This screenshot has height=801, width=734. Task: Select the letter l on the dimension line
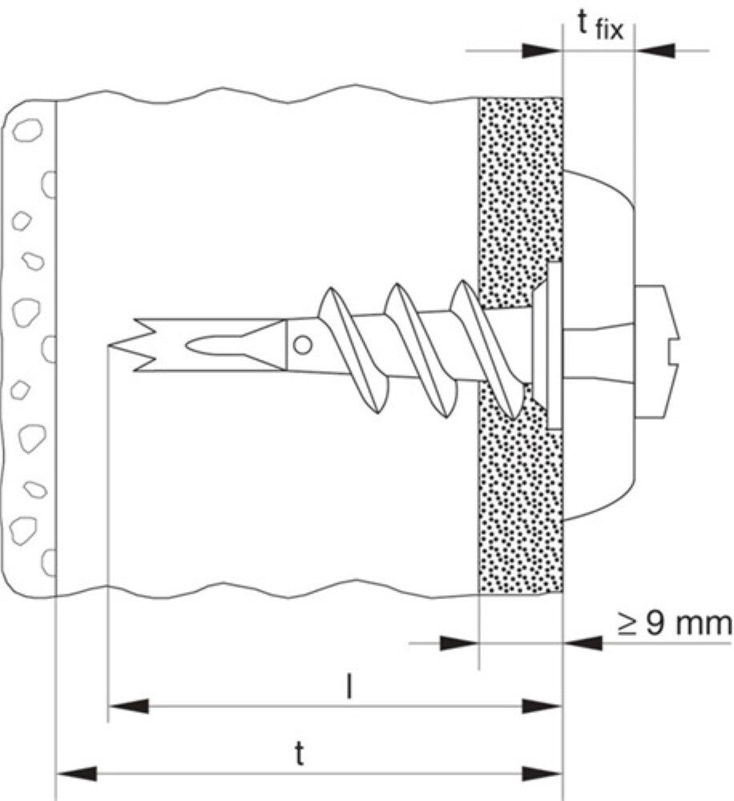pos(348,688)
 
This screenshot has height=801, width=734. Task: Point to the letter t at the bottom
pos(300,754)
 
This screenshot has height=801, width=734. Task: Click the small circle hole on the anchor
pos(301,344)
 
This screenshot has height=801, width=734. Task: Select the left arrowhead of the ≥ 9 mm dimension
pos(458,642)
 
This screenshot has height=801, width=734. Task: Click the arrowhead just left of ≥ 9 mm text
pos(583,642)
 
